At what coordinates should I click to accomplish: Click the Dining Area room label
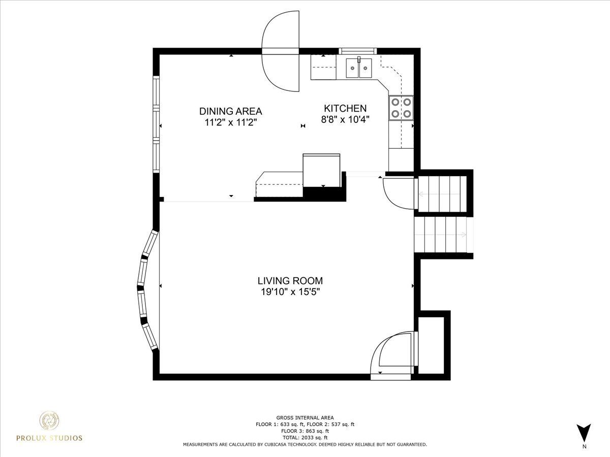tap(230, 111)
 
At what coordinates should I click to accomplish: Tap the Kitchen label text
tap(345, 108)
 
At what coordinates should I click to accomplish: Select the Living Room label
tap(290, 281)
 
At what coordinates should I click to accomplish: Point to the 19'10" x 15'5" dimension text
tap(290, 292)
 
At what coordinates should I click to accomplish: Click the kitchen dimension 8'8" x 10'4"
tap(345, 119)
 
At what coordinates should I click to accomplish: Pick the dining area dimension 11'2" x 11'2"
tap(230, 122)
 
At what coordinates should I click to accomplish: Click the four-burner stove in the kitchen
tap(401, 108)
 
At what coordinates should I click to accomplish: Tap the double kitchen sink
tap(359, 68)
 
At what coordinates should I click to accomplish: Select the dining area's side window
tap(156, 124)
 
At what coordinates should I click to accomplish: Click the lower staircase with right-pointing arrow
tap(444, 235)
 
